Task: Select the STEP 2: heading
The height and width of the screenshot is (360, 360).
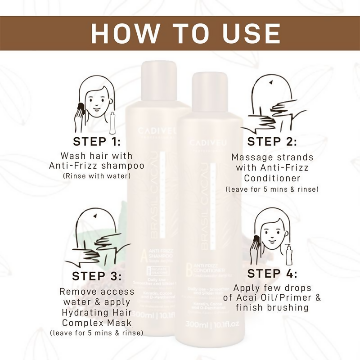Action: pos(272,141)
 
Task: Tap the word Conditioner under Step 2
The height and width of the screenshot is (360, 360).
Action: pos(272,179)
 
